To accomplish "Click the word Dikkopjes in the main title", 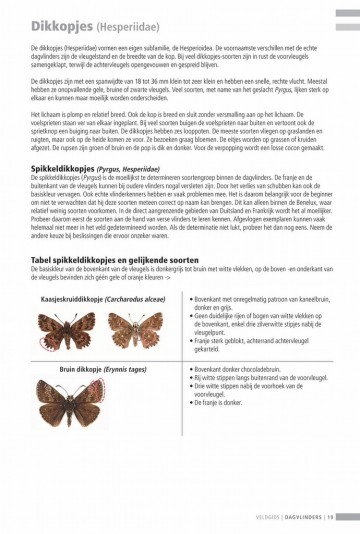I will tap(64, 24).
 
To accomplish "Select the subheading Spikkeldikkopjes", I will tap(71, 197).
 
